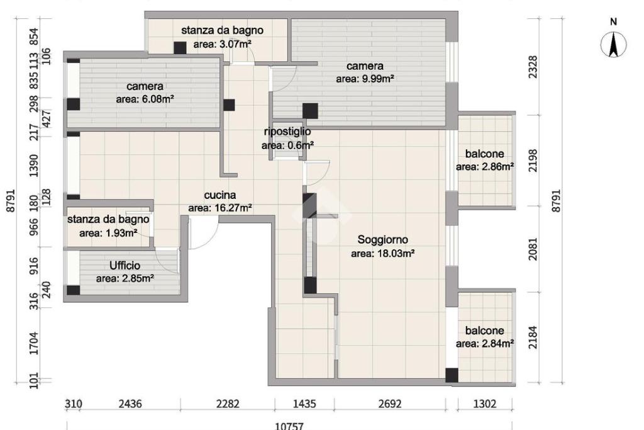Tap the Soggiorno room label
coord(382,240)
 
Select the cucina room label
coord(219,195)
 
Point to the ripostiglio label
coord(287,132)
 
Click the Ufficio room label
coord(125,266)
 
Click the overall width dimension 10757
coord(289,426)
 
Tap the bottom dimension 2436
coord(130,404)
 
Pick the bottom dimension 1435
coord(304,404)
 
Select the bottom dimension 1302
coord(485,404)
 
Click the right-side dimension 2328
coord(533,67)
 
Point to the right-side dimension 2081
coord(533,249)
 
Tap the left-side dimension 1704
coord(34,343)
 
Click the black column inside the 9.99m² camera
coord(310,111)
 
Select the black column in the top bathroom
coord(180,48)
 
